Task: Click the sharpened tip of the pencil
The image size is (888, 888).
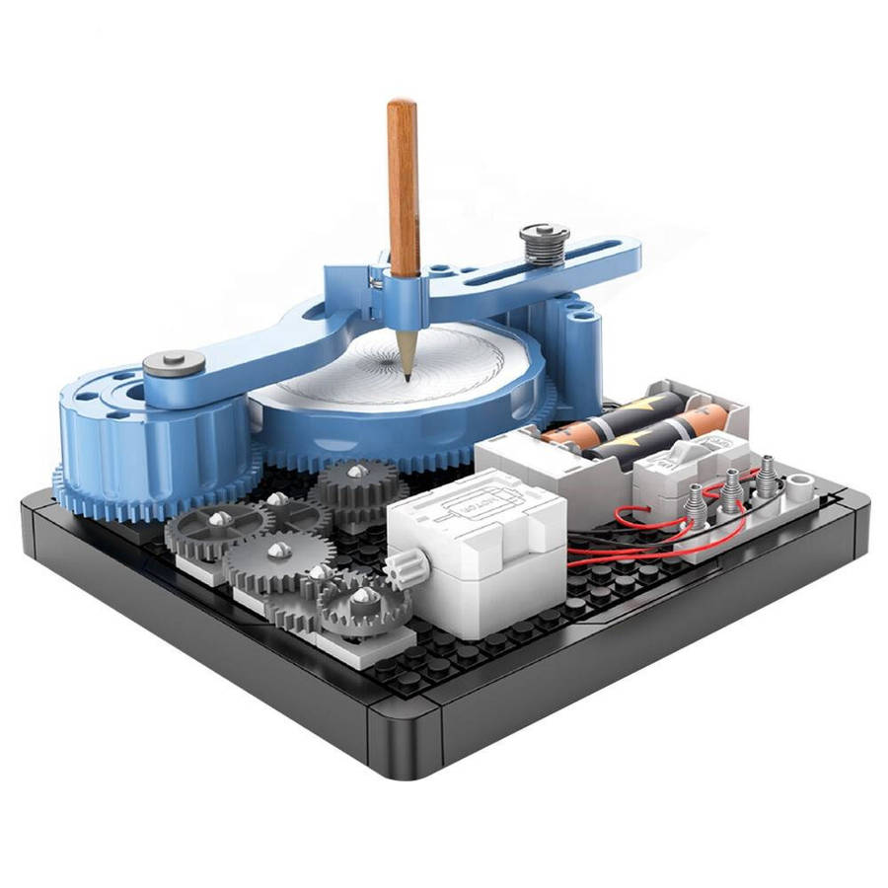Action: (x=407, y=376)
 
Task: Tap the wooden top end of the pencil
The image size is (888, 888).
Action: (x=401, y=104)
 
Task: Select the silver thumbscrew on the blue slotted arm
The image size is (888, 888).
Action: (x=545, y=242)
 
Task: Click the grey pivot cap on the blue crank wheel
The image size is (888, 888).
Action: (x=174, y=364)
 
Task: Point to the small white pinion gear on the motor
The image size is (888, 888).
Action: (x=413, y=568)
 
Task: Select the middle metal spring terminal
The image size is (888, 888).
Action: (x=731, y=489)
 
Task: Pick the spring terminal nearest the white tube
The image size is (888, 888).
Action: (x=766, y=471)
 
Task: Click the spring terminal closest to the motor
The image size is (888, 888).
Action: (x=696, y=503)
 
